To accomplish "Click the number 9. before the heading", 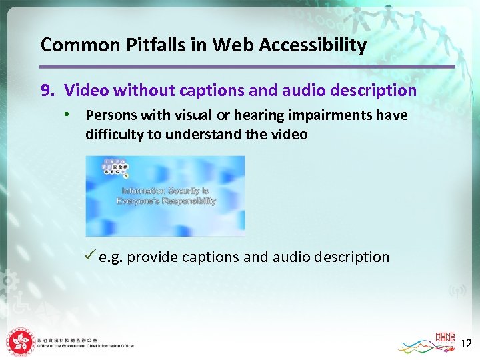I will (48, 90).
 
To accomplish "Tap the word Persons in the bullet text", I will (111, 115).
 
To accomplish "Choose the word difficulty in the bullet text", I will (115, 134).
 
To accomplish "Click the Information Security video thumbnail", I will (165, 196).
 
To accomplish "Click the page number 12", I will (465, 344).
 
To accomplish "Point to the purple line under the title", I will (247, 67).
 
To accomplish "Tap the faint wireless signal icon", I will (457, 291).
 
